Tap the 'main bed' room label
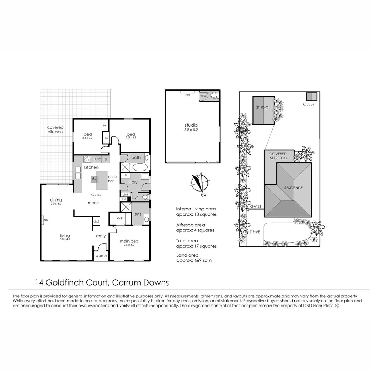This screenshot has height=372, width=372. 129,241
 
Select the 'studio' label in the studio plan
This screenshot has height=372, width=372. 191,125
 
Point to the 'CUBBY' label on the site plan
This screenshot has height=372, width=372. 309,104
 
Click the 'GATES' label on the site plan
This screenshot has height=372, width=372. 256,206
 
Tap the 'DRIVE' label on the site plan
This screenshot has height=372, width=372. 255,232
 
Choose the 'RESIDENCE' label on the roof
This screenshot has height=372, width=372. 293,188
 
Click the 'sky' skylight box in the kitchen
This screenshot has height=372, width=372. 94,179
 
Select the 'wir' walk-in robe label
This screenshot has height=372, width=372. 120,218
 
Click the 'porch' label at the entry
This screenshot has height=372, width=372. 101,256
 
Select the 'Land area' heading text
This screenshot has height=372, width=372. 187,255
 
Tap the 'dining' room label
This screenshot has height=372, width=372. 56,200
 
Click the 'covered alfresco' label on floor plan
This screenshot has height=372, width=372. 55,130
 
